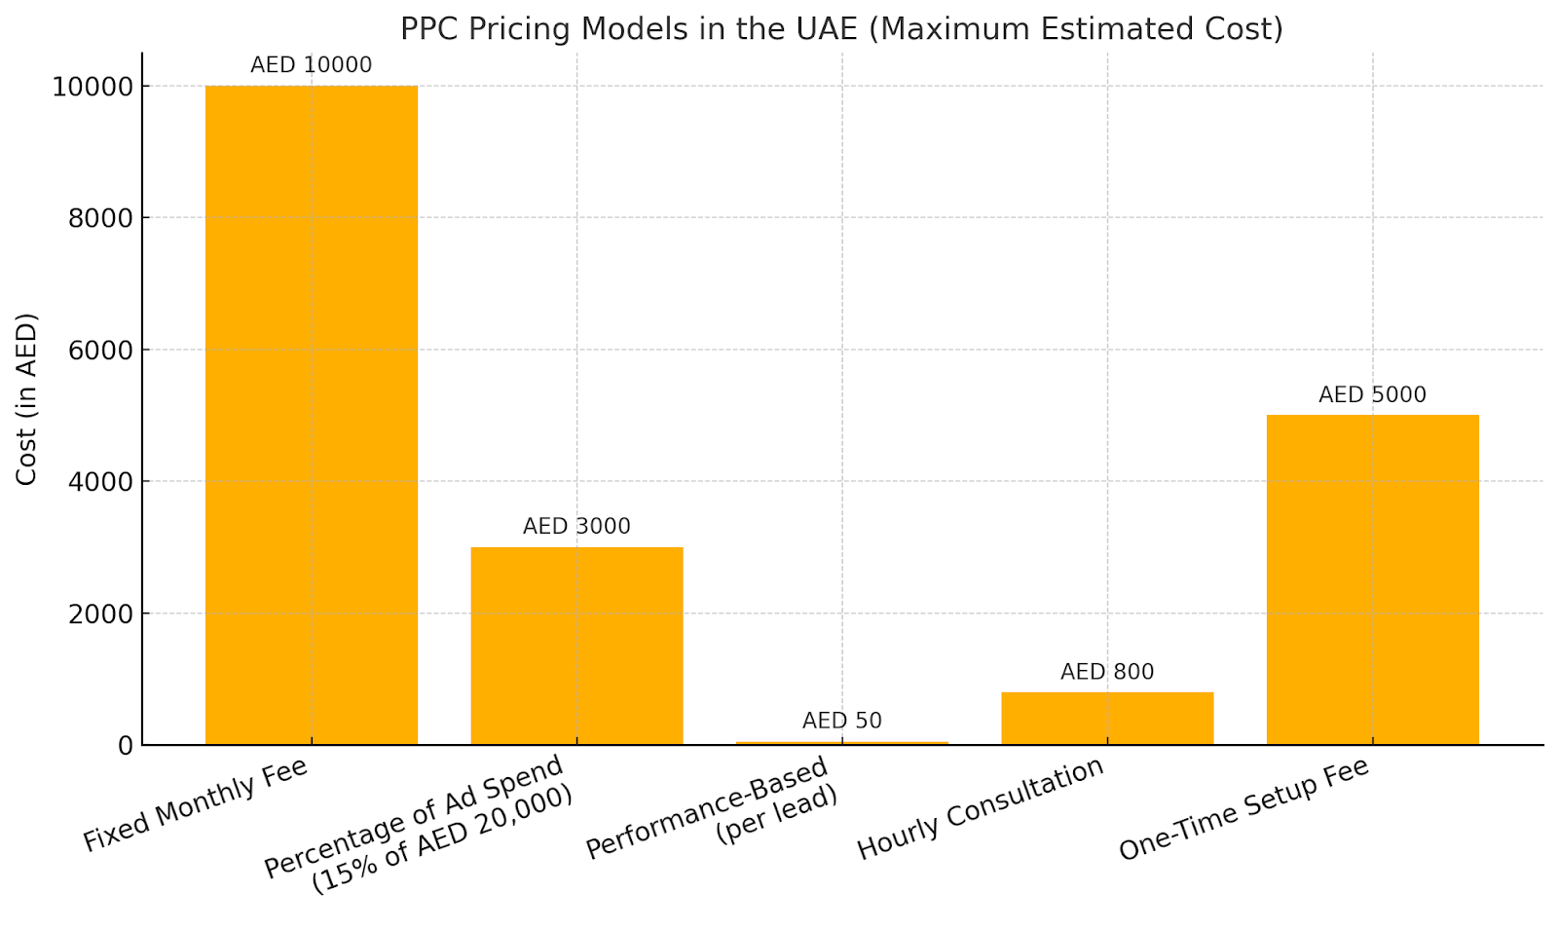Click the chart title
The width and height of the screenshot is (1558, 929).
pyautogui.click(x=841, y=29)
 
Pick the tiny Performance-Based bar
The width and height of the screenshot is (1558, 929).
pyautogui.click(x=842, y=743)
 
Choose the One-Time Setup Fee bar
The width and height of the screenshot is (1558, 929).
pyautogui.click(x=1372, y=579)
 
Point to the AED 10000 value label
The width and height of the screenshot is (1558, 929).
pyautogui.click(x=311, y=65)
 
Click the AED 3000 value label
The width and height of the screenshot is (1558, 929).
pyautogui.click(x=576, y=527)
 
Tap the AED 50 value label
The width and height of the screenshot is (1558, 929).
pyautogui.click(x=842, y=721)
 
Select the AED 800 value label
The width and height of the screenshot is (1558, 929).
pyautogui.click(x=1107, y=672)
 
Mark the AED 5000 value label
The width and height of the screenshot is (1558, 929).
pyautogui.click(x=1372, y=394)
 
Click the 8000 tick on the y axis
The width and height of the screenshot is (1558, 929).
pyautogui.click(x=100, y=218)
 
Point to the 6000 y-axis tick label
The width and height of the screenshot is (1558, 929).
pyautogui.click(x=100, y=351)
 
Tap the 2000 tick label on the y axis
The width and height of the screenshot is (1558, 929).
pyautogui.click(x=100, y=613)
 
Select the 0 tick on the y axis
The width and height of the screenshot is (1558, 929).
pyautogui.click(x=126, y=746)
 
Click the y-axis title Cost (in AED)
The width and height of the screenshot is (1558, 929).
pyautogui.click(x=26, y=398)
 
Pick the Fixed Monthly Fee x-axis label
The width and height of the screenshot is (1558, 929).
pyautogui.click(x=196, y=804)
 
